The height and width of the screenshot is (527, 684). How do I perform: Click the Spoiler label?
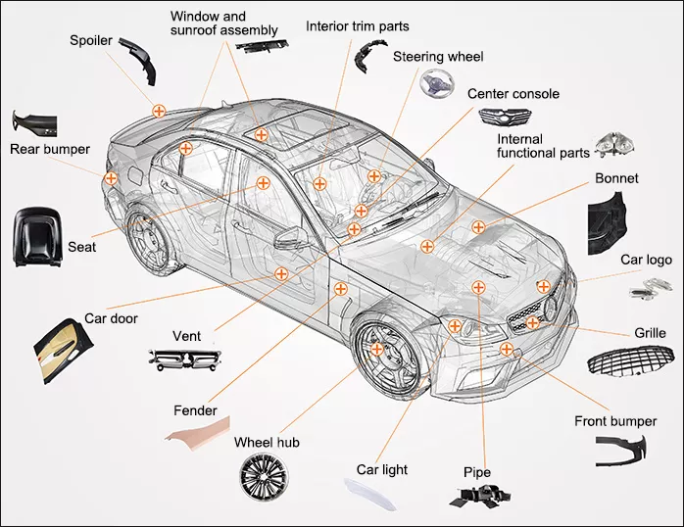[x=90, y=40]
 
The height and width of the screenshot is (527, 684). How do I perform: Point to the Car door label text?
[x=111, y=318]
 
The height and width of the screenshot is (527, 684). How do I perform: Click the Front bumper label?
[x=614, y=421]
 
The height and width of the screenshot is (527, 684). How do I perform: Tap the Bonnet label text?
[x=616, y=178]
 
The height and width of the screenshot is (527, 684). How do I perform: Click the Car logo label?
[x=646, y=260]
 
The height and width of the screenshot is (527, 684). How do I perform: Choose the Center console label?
[x=513, y=94]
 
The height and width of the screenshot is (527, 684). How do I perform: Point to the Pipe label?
[x=476, y=473]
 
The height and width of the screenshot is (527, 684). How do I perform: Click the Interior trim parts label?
[x=358, y=25]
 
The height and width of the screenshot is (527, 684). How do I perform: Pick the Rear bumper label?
[x=50, y=149]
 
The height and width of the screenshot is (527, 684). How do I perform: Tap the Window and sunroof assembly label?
[x=223, y=24]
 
